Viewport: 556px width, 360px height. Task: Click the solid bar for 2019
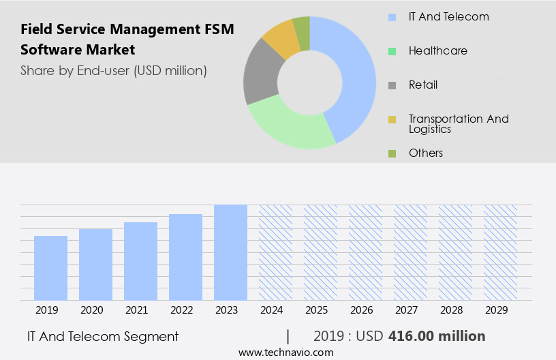click(x=50, y=268)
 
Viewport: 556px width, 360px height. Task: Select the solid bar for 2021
click(x=140, y=261)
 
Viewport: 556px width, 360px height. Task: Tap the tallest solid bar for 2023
click(x=230, y=252)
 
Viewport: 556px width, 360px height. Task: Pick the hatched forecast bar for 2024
click(x=275, y=252)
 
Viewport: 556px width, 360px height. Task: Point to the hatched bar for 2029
click(x=500, y=252)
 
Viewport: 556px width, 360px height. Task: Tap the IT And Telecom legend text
click(x=448, y=16)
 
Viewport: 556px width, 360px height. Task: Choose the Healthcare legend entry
click(x=437, y=50)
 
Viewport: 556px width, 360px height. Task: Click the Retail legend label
click(x=422, y=85)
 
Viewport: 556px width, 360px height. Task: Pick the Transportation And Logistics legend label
click(x=458, y=123)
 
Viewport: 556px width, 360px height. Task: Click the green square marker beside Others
click(x=392, y=153)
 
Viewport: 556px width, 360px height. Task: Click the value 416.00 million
click(x=436, y=336)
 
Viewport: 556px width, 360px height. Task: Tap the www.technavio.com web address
click(x=285, y=352)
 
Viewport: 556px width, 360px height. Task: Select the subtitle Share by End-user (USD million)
click(x=113, y=70)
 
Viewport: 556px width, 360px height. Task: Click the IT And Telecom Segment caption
click(x=103, y=336)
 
